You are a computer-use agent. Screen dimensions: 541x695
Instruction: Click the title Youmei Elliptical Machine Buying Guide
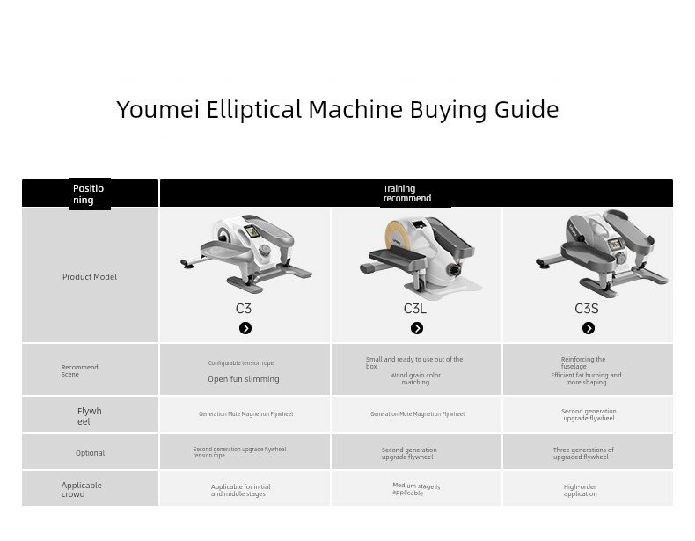coord(338,110)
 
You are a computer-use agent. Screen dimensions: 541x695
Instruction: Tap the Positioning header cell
coord(88,194)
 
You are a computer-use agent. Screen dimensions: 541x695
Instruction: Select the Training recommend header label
coord(407,194)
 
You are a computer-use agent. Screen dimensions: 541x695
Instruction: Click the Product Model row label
coord(90,276)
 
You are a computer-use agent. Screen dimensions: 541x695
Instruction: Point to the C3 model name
coord(244,309)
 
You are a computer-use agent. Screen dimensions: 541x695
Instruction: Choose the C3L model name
coord(415,309)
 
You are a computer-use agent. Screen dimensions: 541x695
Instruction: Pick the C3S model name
coord(587,309)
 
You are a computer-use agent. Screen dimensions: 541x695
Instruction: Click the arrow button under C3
coord(245,328)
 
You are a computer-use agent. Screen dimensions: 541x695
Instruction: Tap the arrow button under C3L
coord(417,328)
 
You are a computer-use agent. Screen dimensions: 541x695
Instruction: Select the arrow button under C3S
coord(589,328)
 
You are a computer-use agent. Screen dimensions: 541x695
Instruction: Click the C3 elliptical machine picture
coord(245,253)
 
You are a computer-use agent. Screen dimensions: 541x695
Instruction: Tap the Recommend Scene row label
coord(80,370)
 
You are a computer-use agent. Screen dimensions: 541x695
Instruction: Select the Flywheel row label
coord(89,416)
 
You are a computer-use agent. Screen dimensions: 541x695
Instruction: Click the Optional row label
coord(90,453)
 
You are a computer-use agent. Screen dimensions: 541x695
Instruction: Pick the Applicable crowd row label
coord(82,489)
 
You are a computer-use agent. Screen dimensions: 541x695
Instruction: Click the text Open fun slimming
coord(244,379)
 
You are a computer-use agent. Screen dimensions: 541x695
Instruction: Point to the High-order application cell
coord(581,490)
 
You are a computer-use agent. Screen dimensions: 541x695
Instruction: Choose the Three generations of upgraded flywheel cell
coord(583,453)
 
